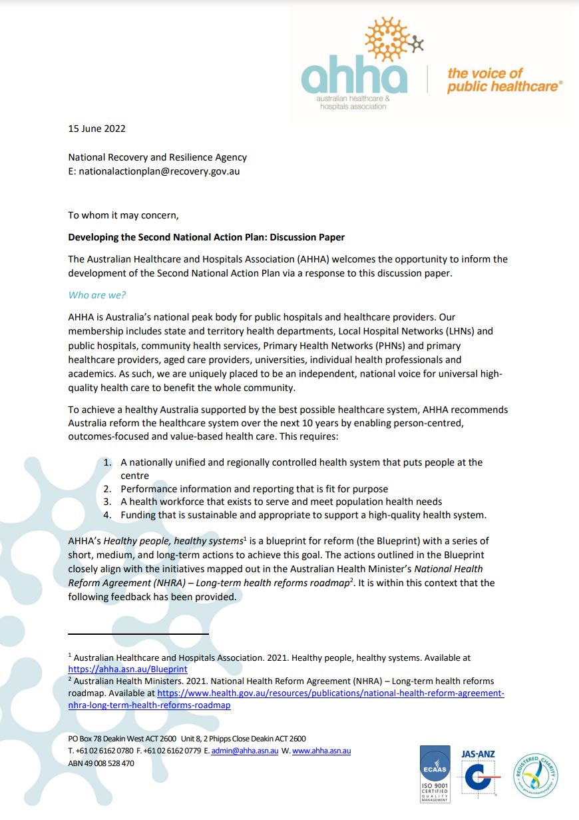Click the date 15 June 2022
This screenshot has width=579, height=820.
[96, 129]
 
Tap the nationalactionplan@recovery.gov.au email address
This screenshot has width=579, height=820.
[159, 171]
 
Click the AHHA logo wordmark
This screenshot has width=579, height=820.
[354, 77]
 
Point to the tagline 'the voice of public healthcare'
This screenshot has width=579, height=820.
[504, 80]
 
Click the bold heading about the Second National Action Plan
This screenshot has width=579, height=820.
[206, 237]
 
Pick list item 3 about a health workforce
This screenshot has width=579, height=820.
[281, 502]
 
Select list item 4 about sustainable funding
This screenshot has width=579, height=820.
[303, 515]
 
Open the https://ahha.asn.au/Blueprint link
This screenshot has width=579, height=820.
[128, 669]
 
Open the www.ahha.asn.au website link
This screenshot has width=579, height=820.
[321, 751]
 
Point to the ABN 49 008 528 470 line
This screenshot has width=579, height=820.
[101, 763]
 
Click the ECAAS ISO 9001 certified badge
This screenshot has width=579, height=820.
[435, 773]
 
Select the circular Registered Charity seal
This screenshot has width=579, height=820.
[535, 774]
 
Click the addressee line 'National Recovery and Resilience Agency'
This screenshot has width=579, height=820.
[158, 157]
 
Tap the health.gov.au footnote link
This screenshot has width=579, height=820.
[331, 693]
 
